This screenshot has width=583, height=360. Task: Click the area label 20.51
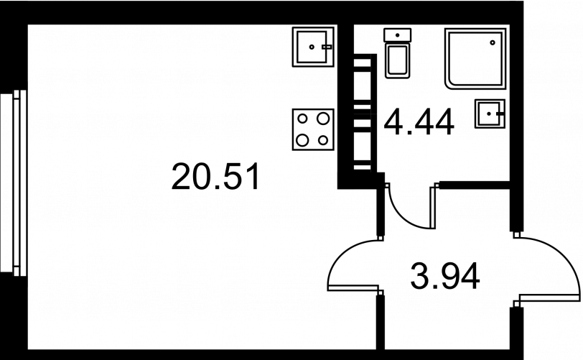(x=215, y=177)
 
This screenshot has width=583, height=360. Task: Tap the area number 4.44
(x=419, y=121)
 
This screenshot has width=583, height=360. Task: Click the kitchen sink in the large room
(x=313, y=47)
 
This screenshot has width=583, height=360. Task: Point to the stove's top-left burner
(x=302, y=118)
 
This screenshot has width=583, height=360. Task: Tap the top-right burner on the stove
(x=323, y=118)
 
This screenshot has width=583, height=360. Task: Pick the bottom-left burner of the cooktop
(x=302, y=139)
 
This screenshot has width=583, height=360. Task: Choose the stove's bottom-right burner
(x=323, y=139)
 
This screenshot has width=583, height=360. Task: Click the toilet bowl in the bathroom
(x=397, y=61)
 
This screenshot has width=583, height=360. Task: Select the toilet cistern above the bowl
(x=397, y=34)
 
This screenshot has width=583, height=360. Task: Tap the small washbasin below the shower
(x=489, y=113)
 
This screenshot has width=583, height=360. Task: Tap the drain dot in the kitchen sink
(x=312, y=47)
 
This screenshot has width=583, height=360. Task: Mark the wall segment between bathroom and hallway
(x=474, y=185)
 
